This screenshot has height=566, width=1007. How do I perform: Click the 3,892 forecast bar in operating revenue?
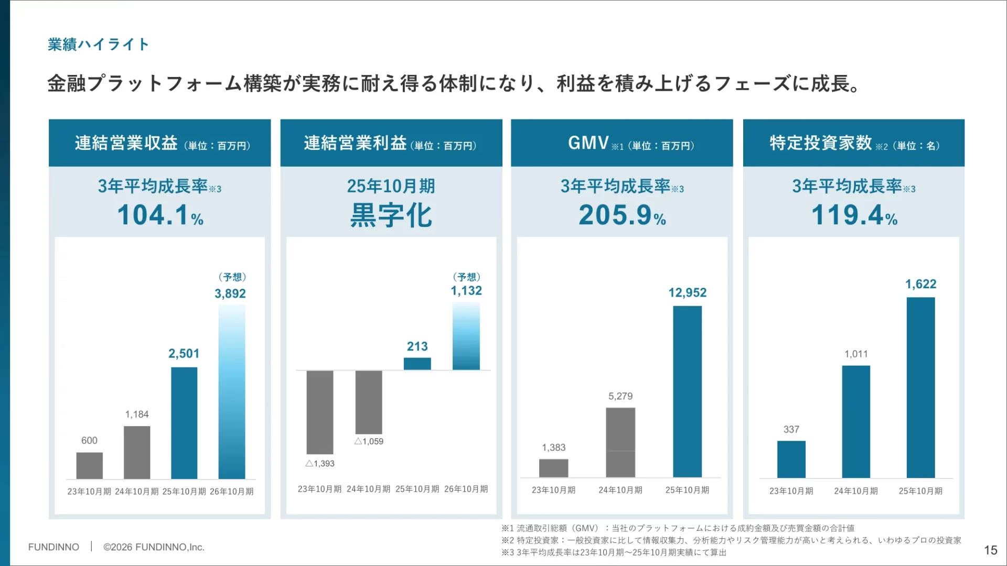(x=232, y=391)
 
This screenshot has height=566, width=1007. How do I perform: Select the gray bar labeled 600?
(x=89, y=465)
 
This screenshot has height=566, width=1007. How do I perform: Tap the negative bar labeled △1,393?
(x=320, y=412)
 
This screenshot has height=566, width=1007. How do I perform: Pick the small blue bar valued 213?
(x=417, y=364)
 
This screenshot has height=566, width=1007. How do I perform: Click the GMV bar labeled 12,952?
(x=687, y=391)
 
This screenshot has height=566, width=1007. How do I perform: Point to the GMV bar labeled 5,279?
(x=620, y=442)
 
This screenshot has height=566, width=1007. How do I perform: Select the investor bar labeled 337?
(x=791, y=459)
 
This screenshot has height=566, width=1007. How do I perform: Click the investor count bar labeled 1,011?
(x=856, y=421)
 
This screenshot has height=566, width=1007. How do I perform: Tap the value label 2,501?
(x=184, y=354)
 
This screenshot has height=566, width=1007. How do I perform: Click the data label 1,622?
(x=920, y=284)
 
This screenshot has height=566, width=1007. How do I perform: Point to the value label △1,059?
(x=369, y=441)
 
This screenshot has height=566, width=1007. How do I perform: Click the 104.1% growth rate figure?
(x=160, y=215)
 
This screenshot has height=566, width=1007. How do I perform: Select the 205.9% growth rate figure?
(x=622, y=215)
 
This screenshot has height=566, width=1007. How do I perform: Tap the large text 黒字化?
(x=391, y=215)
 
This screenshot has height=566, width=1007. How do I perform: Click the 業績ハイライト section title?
(x=98, y=45)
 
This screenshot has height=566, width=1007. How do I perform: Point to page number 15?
(x=990, y=550)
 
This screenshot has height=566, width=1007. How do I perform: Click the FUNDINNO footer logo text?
(x=53, y=547)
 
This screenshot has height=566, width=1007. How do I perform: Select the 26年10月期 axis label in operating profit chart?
(x=466, y=489)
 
